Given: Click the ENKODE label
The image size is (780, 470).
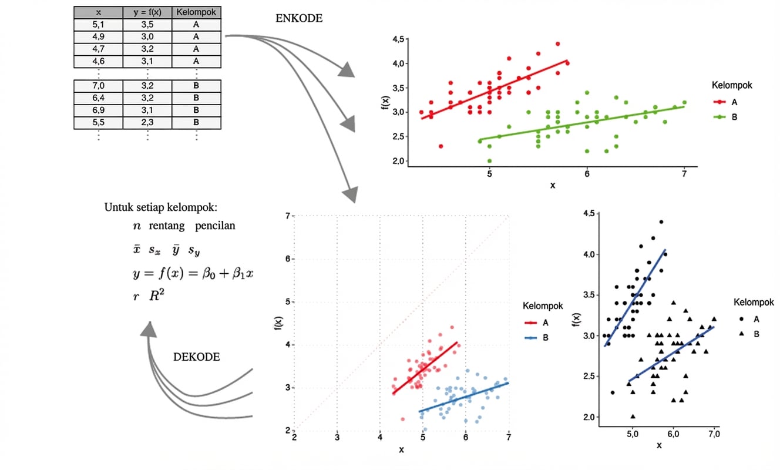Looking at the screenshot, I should click(299, 18).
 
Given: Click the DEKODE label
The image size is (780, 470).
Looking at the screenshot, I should click(197, 357).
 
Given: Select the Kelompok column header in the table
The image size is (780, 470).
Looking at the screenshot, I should click(196, 12).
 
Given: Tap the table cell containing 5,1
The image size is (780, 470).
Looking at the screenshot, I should click(98, 25).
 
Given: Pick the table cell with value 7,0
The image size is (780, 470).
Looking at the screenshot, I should click(98, 86).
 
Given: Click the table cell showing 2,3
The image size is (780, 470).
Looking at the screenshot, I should click(147, 122).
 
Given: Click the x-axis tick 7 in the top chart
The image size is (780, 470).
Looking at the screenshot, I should click(684, 174).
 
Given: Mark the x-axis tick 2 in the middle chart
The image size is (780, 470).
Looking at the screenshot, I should click(294, 438).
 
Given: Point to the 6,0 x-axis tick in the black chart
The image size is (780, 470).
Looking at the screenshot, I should click(673, 435).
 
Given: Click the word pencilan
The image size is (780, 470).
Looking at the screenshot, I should click(216, 226).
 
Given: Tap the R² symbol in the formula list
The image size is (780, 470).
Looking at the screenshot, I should click(156, 296).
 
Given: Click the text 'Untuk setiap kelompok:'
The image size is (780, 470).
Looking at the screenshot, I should click(161, 207).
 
